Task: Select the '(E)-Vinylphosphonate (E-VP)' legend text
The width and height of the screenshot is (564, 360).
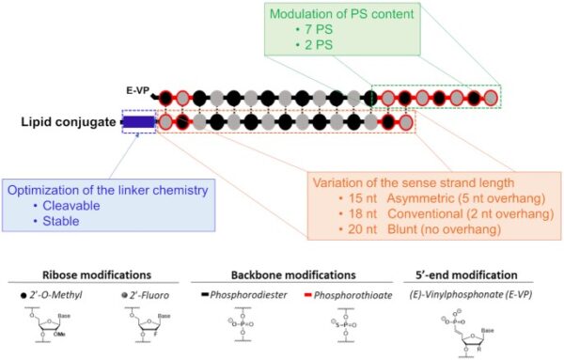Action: [467, 295]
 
